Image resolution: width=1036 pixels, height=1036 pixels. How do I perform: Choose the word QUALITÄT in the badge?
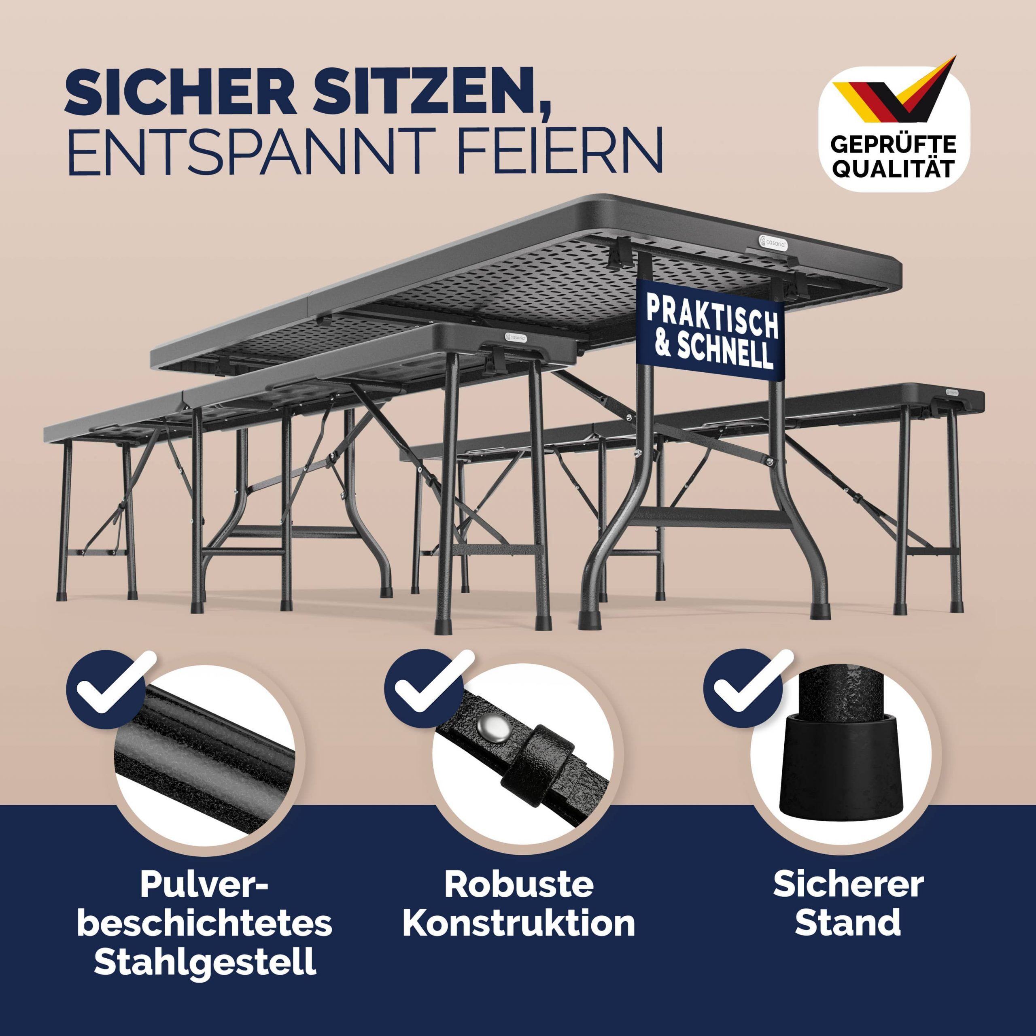(x=892, y=169)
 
